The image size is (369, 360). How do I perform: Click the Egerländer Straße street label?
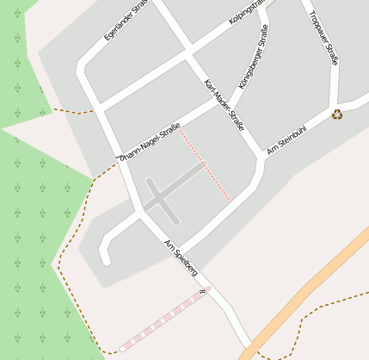point(125,21)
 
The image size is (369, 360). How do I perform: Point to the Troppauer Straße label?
point(323,38)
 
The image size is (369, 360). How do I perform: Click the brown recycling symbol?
point(337,114)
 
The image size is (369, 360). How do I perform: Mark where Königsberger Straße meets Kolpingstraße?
point(258,16)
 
